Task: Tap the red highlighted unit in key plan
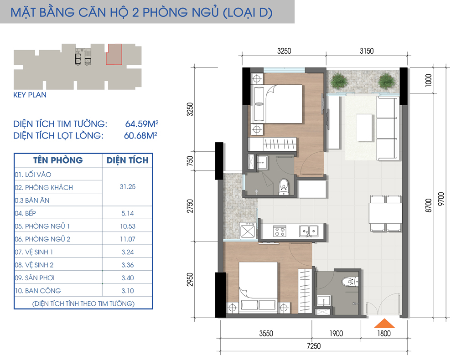point(114,54)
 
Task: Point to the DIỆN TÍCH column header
point(127,160)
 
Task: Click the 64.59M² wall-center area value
point(141,123)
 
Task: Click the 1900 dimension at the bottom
point(335,334)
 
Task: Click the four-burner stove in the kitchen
point(279,231)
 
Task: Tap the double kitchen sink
point(309,231)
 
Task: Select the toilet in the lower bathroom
point(351,281)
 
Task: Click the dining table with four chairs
point(386,213)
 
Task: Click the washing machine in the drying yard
point(247,230)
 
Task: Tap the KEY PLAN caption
point(30,95)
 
